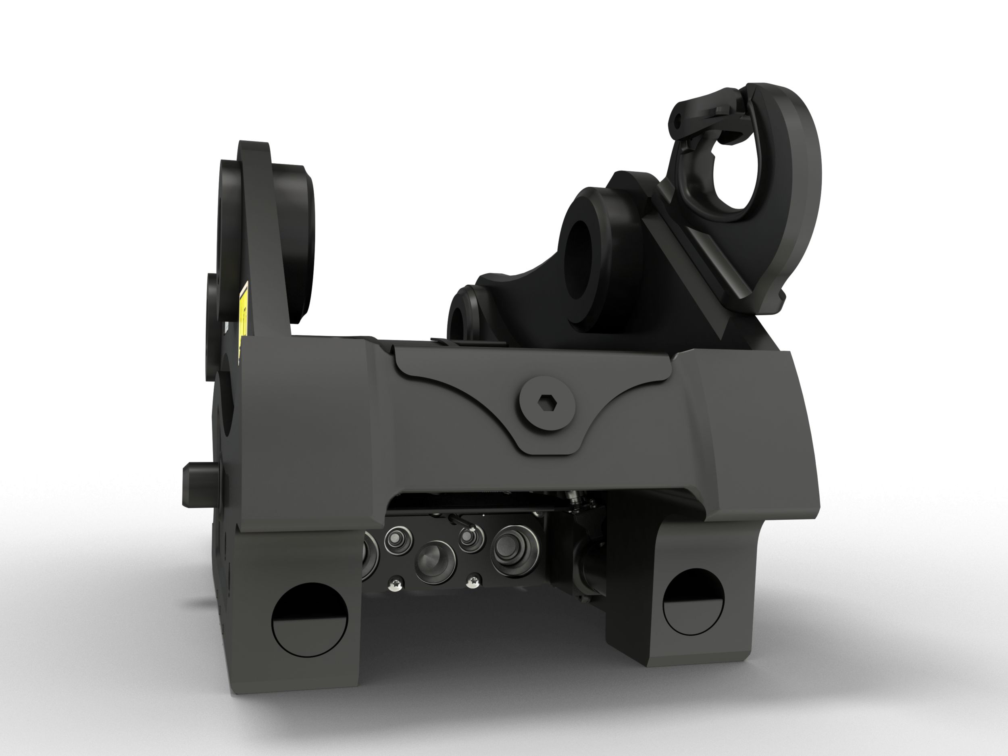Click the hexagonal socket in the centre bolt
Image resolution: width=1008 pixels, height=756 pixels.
546,401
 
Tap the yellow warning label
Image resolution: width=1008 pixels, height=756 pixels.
244,310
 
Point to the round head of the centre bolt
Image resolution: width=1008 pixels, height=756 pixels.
546,401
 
